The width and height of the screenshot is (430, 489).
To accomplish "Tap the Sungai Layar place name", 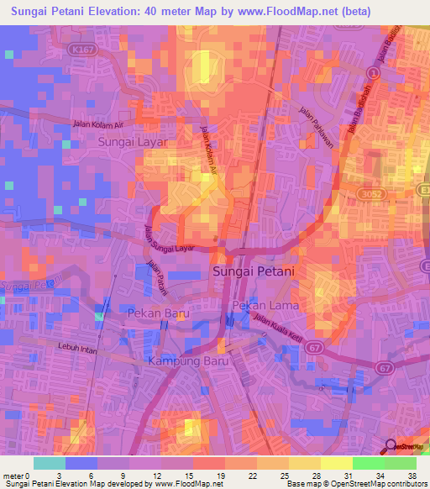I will click(133, 143).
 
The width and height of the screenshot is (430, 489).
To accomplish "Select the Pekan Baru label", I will click(159, 314).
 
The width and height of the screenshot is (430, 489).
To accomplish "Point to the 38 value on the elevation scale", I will click(412, 476).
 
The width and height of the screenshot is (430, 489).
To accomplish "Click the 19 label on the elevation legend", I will click(219, 476).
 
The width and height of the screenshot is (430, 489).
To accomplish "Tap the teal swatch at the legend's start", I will click(49, 463).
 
